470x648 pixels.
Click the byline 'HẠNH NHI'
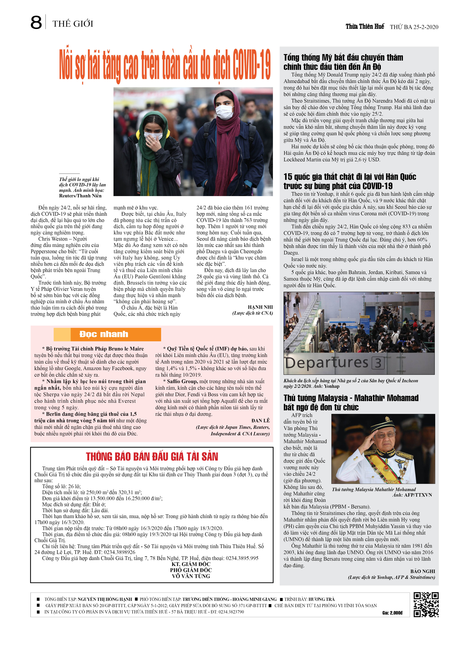pyautogui.click(x=260, y=307)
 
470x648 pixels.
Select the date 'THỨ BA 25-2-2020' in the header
pyautogui.click(x=414, y=27)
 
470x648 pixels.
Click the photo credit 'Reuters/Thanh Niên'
pyautogui.click(x=80, y=196)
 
